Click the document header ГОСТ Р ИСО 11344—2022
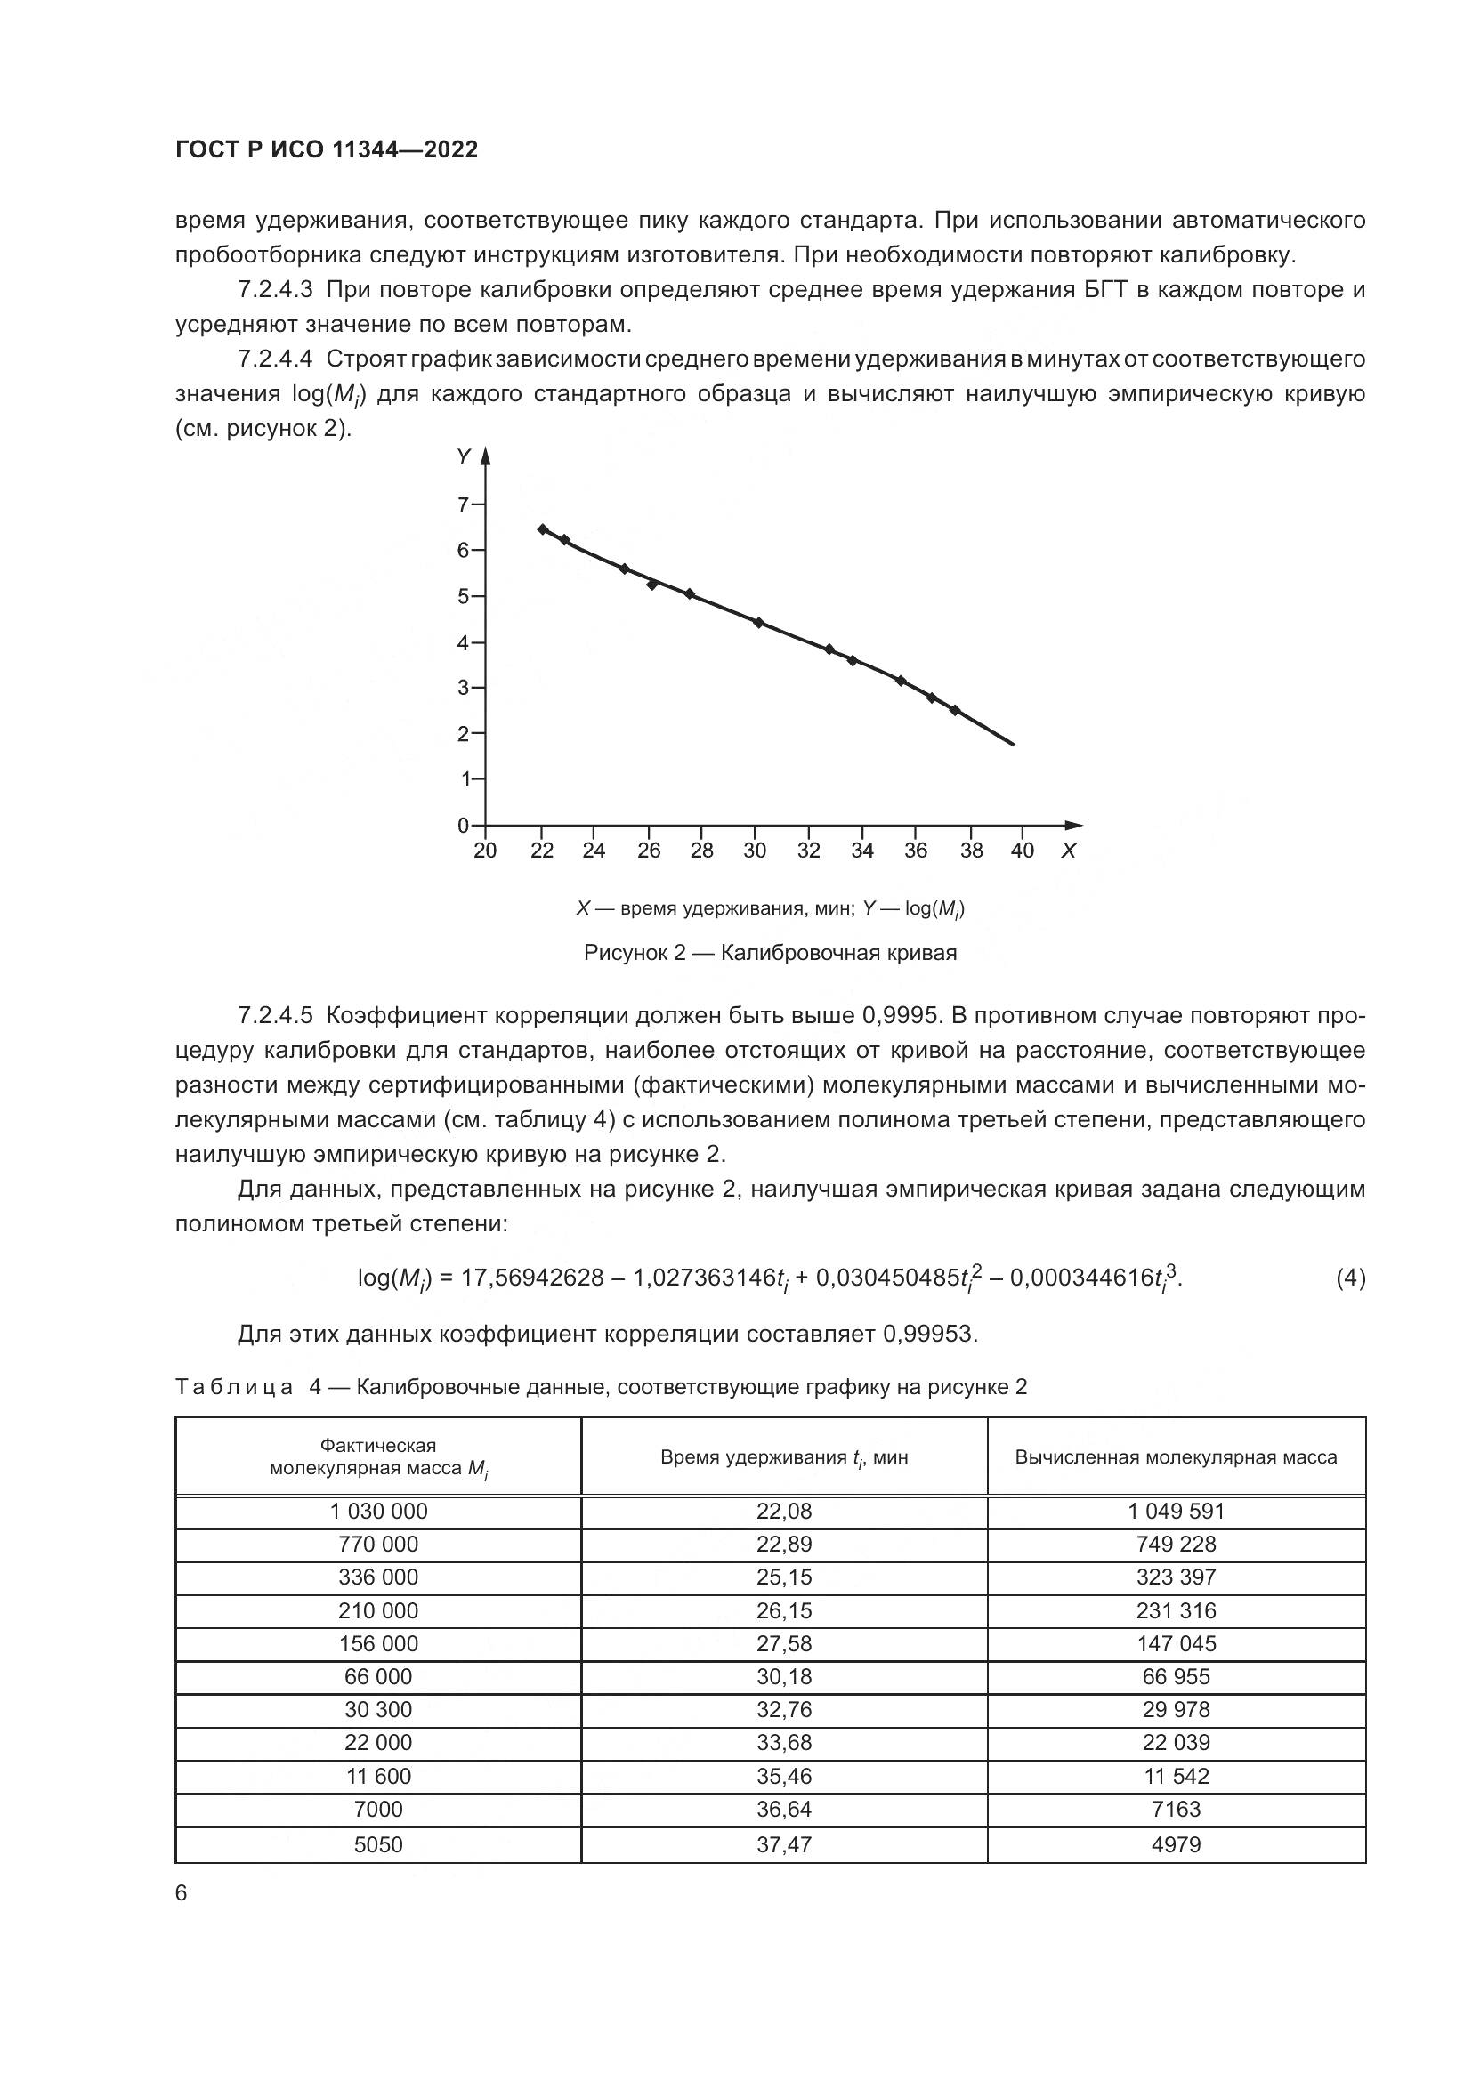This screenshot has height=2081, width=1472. click(x=327, y=150)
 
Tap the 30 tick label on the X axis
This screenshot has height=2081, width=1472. click(x=754, y=851)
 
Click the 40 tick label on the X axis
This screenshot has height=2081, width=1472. click(x=1022, y=851)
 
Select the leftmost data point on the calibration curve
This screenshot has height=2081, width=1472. click(x=542, y=529)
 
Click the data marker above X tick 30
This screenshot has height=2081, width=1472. click(x=757, y=623)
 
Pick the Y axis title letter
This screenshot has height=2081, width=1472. click(x=464, y=456)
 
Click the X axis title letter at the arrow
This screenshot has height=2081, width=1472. click(x=1069, y=851)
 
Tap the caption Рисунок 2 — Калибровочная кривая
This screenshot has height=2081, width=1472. click(x=770, y=953)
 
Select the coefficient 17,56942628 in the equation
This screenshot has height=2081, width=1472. click(x=532, y=1278)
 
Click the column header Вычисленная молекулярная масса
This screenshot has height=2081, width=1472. click(x=1176, y=1457)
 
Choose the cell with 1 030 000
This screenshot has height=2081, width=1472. click(x=378, y=1511)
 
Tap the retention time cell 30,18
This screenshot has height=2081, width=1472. click(x=784, y=1677)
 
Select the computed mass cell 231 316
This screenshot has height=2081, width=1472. click(x=1176, y=1610)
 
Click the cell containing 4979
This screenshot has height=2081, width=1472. click(x=1176, y=1843)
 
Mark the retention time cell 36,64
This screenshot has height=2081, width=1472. click(x=784, y=1809)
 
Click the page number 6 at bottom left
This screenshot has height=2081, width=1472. click(x=182, y=1893)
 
